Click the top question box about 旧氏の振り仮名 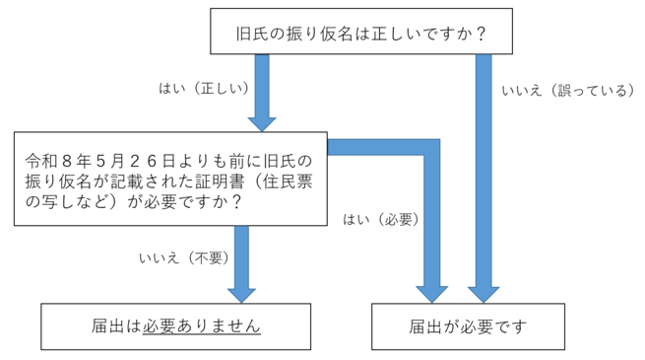coord(362,34)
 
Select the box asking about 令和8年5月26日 coord(172,180)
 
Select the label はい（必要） coord(381,219)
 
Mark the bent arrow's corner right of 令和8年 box coord(432,147)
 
